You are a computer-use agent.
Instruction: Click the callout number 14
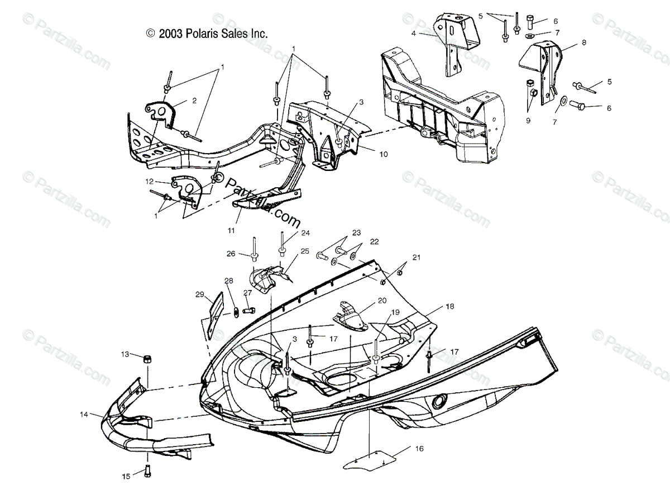point(84,415)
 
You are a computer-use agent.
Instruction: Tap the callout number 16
point(419,448)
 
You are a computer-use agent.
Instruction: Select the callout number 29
point(199,294)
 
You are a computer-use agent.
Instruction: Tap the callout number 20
point(382,301)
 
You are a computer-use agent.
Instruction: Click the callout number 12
point(149,181)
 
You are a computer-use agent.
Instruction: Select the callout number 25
point(304,251)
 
